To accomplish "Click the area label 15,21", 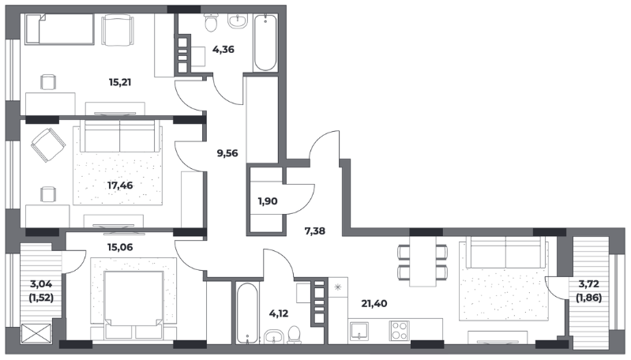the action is point(120,82).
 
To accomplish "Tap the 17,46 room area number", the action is point(120,186).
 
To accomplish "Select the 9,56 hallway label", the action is point(227,153).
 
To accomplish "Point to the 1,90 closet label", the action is point(268,201).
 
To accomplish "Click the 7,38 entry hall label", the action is point(314,231).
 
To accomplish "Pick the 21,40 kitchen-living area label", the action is point(374,304).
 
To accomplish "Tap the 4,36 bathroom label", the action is point(223,50).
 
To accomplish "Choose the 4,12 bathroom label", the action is point(279,313).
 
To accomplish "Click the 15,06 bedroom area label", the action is point(120,247).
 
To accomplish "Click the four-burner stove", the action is point(399,331).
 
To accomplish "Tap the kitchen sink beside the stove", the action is point(359,331).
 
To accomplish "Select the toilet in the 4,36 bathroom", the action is point(211,22).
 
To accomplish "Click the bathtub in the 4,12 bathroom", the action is point(247,313).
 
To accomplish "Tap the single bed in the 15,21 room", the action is point(59,29).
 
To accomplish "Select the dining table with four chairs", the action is point(423,261).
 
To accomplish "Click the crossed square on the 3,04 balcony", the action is point(36,334).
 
